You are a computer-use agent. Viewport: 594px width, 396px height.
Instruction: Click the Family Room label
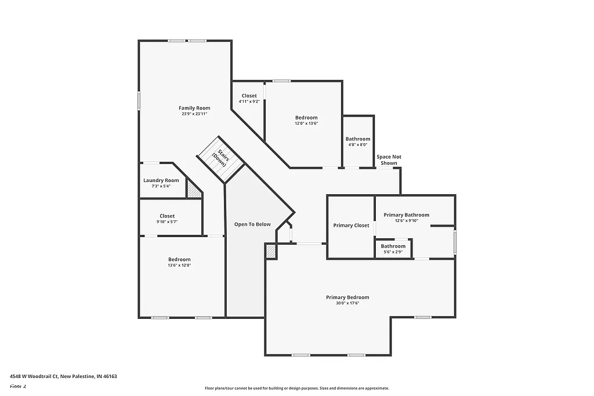pos(194,108)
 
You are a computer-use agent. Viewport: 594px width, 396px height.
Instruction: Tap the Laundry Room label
pos(161,180)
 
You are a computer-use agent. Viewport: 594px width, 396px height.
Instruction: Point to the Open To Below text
pos(252,224)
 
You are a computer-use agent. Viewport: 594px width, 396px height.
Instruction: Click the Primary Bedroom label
pos(347,297)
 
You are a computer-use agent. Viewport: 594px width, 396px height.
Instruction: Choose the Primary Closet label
pos(351,226)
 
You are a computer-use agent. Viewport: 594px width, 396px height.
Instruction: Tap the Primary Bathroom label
pos(407,215)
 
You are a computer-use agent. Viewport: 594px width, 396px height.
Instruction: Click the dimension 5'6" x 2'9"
pos(393,252)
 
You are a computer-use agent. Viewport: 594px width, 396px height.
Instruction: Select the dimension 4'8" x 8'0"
pos(358,145)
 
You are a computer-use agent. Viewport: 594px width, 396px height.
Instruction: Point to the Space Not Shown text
pos(389,160)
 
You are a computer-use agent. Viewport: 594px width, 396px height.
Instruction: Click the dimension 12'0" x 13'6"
pos(306,123)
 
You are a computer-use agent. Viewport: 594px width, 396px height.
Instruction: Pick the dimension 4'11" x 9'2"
pos(249,102)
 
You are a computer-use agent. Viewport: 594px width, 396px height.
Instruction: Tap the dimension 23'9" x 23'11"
pos(194,114)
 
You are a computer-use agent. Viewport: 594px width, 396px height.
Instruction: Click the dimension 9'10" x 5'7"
pos(167,222)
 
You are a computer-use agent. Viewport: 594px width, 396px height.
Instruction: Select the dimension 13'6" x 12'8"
pos(179,266)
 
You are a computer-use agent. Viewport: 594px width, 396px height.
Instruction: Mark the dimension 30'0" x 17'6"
pos(347,303)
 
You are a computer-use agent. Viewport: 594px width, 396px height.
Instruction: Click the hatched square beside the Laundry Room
pos(194,189)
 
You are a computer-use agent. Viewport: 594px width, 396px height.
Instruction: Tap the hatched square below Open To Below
pos(271,251)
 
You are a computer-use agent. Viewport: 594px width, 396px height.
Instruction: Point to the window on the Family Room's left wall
pos(139,100)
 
